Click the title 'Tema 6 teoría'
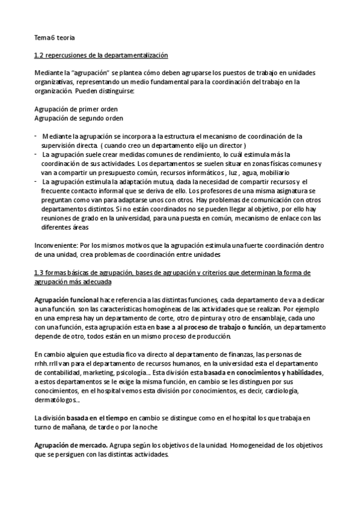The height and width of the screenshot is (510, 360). [55, 37]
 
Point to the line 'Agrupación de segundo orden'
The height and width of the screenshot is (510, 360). [75, 118]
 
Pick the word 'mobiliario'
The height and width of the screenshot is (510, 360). [279, 172]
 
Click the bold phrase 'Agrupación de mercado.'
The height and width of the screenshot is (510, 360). [71, 446]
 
